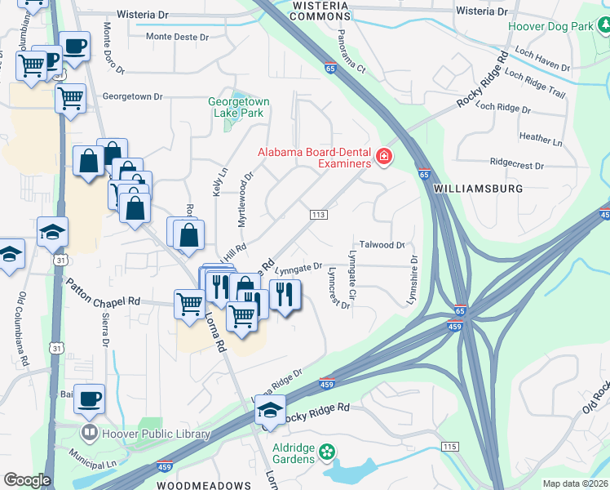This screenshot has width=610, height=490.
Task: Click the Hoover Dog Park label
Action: point(550,26)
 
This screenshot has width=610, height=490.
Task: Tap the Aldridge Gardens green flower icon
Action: point(327,451)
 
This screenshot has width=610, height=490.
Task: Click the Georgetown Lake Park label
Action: point(239,107)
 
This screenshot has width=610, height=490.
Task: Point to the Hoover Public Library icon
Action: point(89,433)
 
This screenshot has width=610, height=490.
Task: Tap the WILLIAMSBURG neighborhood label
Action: point(479,188)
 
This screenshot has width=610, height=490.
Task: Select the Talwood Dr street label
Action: point(382,245)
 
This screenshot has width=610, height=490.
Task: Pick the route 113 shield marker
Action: point(318,214)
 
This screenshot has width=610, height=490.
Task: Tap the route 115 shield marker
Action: point(449,446)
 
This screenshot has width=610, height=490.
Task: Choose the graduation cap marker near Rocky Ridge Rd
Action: point(269,411)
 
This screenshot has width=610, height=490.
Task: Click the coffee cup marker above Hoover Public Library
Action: point(90,399)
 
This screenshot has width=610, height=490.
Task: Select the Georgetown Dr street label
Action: point(126,96)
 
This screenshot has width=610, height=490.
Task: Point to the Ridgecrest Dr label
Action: point(517,164)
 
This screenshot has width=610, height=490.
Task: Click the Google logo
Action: point(27,480)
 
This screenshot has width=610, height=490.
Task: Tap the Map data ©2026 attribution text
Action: point(575,483)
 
